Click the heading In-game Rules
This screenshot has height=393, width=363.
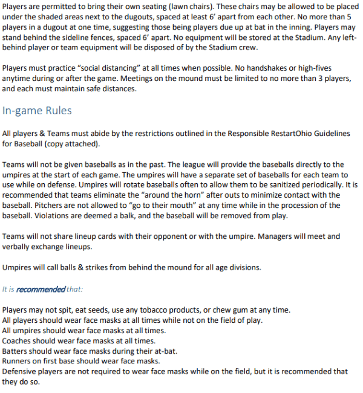click(37, 111)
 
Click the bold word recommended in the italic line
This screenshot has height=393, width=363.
click(41, 289)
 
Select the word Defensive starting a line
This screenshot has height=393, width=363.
click(21, 371)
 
